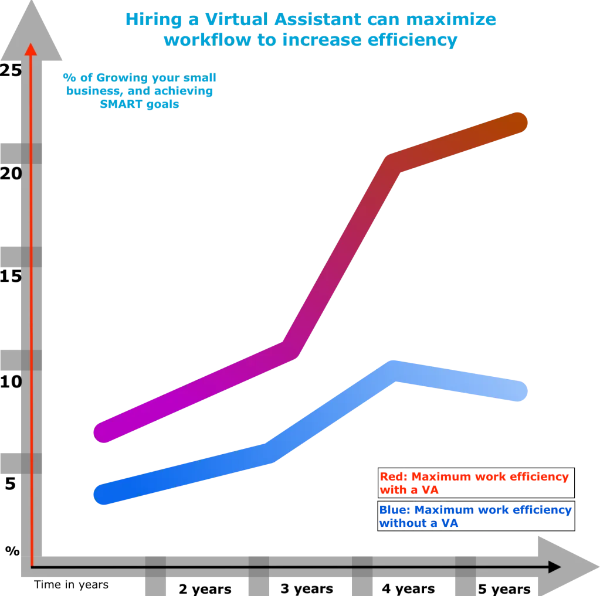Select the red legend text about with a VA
[474, 482]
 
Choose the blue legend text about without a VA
[475, 516]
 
